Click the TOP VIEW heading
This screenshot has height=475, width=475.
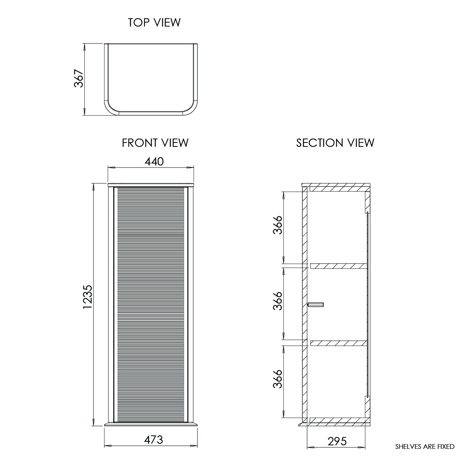[x=154, y=23]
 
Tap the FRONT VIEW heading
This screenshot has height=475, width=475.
[x=155, y=143]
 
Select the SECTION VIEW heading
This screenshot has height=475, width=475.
[x=335, y=143]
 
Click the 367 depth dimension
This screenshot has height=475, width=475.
[x=79, y=78]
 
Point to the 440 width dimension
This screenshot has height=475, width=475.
[x=154, y=161]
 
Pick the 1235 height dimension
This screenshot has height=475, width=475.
[x=87, y=297]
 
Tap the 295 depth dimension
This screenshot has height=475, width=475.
[x=337, y=441]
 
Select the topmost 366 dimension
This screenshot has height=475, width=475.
[x=277, y=225]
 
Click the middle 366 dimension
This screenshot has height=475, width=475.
[x=277, y=301]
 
